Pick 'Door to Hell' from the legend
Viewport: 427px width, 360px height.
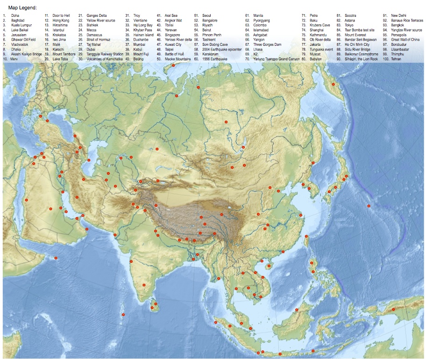(x=61, y=16)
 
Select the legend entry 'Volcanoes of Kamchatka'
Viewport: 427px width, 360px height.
(x=105, y=59)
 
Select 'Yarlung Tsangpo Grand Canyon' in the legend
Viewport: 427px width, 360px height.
(x=276, y=59)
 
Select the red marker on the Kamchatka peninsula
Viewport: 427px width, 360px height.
(x=333, y=84)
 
